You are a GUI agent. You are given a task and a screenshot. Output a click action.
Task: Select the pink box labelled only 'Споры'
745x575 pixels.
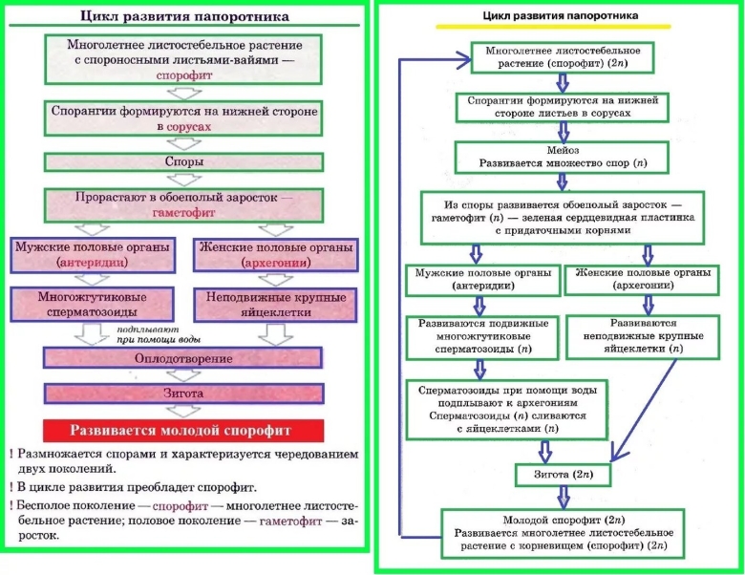[184, 162]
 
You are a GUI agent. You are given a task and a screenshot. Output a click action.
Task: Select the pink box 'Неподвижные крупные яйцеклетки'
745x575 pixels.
[272, 304]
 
